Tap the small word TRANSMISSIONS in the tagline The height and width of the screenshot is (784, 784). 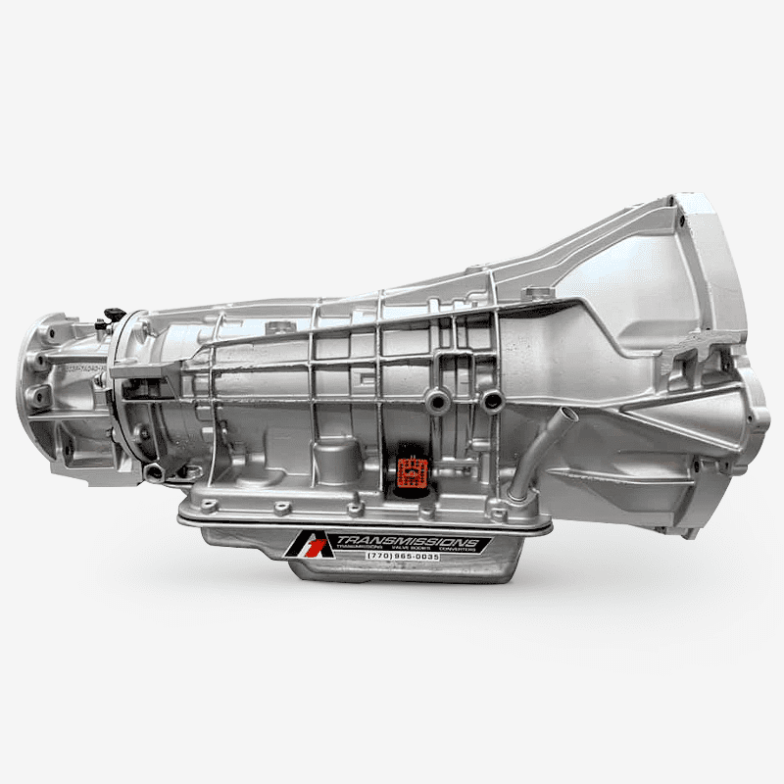364,550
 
